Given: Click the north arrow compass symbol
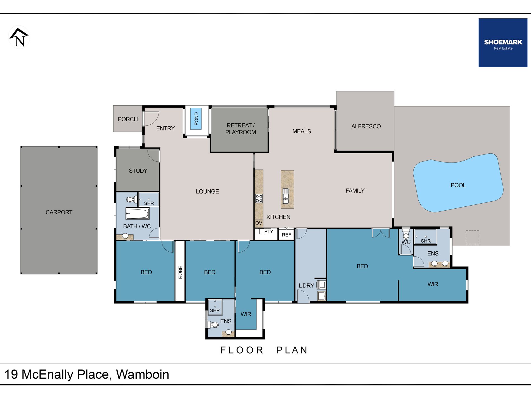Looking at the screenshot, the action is pyautogui.click(x=19, y=37).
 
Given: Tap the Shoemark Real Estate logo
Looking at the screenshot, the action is pyautogui.click(x=503, y=43).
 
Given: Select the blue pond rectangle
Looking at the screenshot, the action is pyautogui.click(x=196, y=119).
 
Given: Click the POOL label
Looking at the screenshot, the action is pyautogui.click(x=458, y=185).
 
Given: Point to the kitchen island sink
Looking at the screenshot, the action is pyautogui.click(x=286, y=196).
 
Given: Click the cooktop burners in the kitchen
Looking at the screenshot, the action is pyautogui.click(x=259, y=198).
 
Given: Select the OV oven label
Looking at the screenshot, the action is pyautogui.click(x=259, y=223).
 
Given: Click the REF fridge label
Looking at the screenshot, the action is pyautogui.click(x=286, y=235).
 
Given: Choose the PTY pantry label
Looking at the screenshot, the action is pyautogui.click(x=269, y=232).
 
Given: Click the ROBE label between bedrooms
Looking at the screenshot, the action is pyautogui.click(x=180, y=272).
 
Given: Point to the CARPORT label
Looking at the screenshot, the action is pyautogui.click(x=59, y=212).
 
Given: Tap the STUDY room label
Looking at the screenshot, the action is pyautogui.click(x=138, y=171).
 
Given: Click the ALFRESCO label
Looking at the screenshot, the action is pyautogui.click(x=366, y=126).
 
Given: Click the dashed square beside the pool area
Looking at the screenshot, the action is pyautogui.click(x=472, y=237).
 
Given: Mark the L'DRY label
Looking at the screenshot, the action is pyautogui.click(x=306, y=285).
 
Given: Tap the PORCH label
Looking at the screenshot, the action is pyautogui.click(x=128, y=119).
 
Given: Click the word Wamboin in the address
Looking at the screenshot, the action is pyautogui.click(x=143, y=375).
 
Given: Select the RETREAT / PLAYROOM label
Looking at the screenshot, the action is pyautogui.click(x=240, y=129).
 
